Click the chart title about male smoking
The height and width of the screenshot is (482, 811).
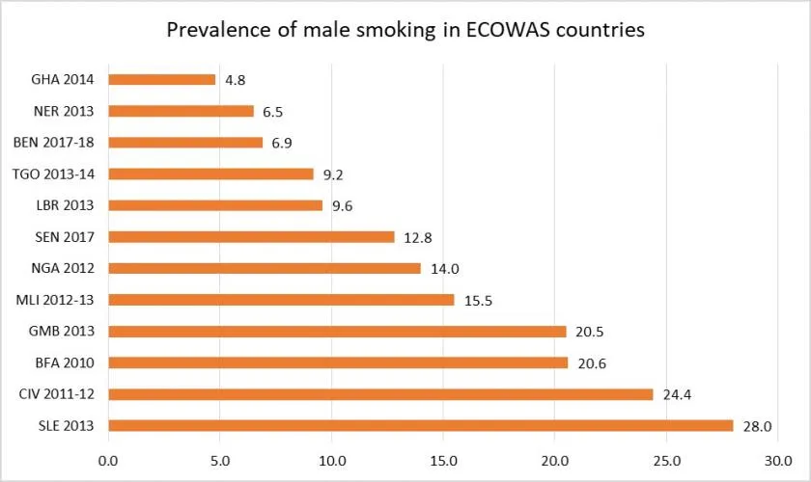click(x=405, y=29)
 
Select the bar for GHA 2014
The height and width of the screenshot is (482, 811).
click(x=161, y=79)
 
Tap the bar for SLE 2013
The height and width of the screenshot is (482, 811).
click(x=420, y=425)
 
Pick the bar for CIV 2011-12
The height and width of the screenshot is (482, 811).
click(x=380, y=393)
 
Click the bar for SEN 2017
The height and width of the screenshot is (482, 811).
click(x=251, y=236)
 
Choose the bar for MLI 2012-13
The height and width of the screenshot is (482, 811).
click(x=281, y=299)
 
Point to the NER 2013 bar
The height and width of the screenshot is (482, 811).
click(x=181, y=111)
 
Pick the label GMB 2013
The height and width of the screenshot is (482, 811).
click(x=62, y=331)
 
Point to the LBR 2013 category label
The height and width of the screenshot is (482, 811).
click(x=64, y=205)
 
